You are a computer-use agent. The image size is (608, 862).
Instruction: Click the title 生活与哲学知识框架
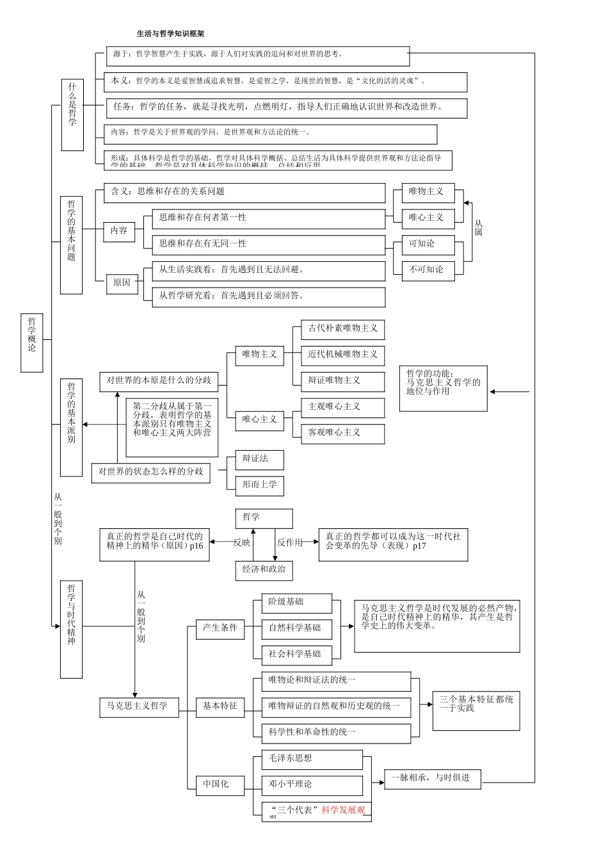(x=171, y=33)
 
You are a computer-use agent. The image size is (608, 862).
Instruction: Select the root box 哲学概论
(x=32, y=343)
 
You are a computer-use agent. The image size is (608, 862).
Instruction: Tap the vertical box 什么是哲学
(x=72, y=115)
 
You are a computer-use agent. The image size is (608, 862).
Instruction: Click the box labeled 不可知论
(x=428, y=270)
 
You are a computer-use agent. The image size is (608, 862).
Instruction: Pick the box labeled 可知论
(x=428, y=243)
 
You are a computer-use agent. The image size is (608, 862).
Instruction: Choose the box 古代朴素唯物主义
(x=343, y=329)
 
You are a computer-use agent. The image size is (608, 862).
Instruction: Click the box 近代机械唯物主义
(x=343, y=355)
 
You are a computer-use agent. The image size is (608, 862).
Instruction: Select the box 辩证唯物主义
(x=343, y=380)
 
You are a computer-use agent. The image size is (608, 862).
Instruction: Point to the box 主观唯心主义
(x=343, y=407)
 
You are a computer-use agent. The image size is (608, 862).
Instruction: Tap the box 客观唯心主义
(x=343, y=432)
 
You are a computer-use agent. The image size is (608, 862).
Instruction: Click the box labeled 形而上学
(x=259, y=485)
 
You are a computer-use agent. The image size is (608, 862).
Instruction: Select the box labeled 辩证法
(x=259, y=459)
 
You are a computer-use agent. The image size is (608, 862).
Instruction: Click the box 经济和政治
(x=264, y=569)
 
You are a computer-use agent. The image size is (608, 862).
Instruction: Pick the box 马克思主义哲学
(x=137, y=706)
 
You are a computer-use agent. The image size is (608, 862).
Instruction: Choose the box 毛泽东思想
(x=312, y=759)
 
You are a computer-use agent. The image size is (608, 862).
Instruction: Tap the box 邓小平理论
(x=312, y=785)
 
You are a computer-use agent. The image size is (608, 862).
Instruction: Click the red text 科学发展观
(x=343, y=810)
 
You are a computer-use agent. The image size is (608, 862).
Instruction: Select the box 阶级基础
(x=297, y=602)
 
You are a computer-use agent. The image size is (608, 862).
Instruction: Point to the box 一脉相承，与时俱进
(x=432, y=778)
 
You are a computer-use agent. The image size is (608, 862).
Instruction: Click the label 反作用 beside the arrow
(x=290, y=542)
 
